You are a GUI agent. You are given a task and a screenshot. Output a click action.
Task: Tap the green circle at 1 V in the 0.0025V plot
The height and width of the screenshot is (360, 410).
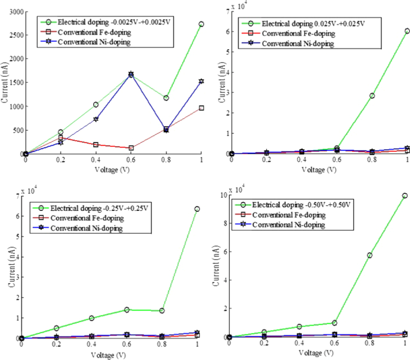pyautogui.click(x=201, y=24)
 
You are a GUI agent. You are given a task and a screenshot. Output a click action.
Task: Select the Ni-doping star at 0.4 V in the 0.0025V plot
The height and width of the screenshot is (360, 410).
pyautogui.click(x=96, y=119)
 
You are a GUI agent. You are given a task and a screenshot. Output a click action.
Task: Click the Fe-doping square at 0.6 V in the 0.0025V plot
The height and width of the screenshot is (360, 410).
pyautogui.click(x=131, y=148)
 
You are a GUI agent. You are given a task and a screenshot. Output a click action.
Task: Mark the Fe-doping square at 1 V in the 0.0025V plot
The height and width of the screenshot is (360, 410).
pyautogui.click(x=201, y=108)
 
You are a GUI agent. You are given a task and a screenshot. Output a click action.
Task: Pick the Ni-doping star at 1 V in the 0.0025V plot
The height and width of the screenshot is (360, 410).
pyautogui.click(x=201, y=81)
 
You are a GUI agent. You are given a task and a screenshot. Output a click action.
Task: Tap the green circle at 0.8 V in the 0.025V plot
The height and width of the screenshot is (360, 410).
pyautogui.click(x=372, y=96)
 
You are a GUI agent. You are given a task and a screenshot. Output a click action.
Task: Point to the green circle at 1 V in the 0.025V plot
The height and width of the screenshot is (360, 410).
pyautogui.click(x=407, y=31)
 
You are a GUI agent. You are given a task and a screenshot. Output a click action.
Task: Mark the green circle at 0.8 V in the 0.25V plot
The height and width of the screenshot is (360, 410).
pyautogui.click(x=162, y=310)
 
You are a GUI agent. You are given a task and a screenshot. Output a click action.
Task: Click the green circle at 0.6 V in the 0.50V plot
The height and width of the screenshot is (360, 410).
pyautogui.click(x=335, y=323)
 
